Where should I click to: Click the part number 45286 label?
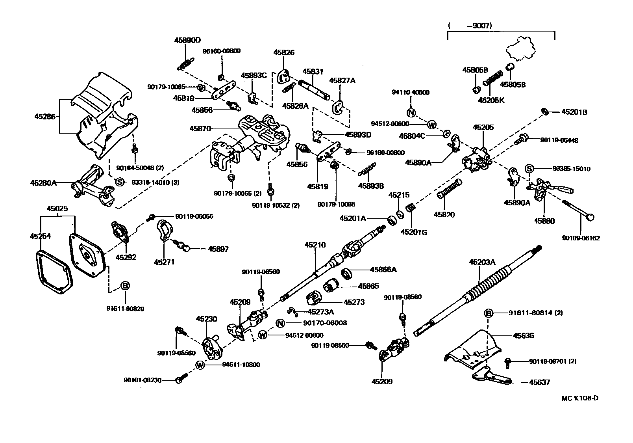coord(44,116)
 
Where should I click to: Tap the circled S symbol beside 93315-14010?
coord(120,182)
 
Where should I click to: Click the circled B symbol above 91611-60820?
coord(125,286)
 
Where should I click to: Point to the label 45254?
coord(40,236)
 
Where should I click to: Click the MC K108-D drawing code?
coord(579,398)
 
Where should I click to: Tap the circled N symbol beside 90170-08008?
coord(280,323)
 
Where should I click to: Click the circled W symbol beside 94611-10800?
coord(200,365)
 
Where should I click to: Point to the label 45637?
coord(539,382)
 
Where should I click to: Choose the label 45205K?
coord(491,100)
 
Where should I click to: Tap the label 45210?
coord(315,245)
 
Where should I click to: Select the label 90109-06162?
coord(581,238)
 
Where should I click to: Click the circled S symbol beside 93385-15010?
coord(529,169)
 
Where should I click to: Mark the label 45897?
coord(218,249)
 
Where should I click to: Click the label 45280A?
coord(43,183)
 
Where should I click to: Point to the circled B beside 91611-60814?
coord(488,313)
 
